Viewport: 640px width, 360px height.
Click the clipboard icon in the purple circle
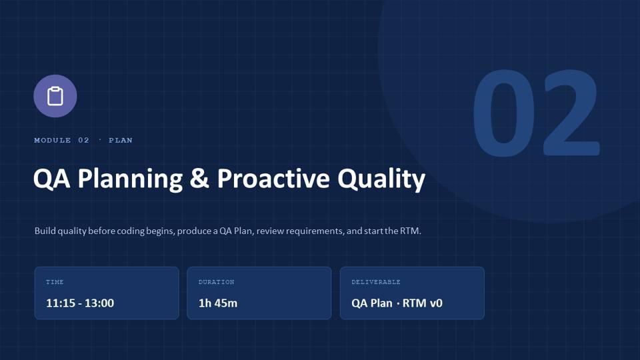click(x=55, y=96)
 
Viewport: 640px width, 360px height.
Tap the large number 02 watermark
click(x=536, y=113)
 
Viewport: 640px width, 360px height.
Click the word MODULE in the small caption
click(x=53, y=140)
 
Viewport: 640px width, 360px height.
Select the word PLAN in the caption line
click(x=121, y=140)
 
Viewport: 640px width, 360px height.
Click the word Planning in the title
click(x=130, y=179)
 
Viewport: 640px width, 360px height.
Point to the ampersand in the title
click(x=199, y=179)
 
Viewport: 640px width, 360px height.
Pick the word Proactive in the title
click(x=273, y=179)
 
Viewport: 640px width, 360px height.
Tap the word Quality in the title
click(x=381, y=179)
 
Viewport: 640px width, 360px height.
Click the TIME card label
click(x=55, y=282)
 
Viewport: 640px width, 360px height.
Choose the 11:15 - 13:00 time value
click(x=80, y=303)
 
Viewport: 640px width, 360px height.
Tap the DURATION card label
click(x=216, y=282)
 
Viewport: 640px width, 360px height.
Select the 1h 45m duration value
click(x=218, y=303)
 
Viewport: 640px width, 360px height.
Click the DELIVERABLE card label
click(x=376, y=282)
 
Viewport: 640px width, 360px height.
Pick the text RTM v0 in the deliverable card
click(x=423, y=303)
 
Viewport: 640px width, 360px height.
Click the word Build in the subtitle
click(x=45, y=231)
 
